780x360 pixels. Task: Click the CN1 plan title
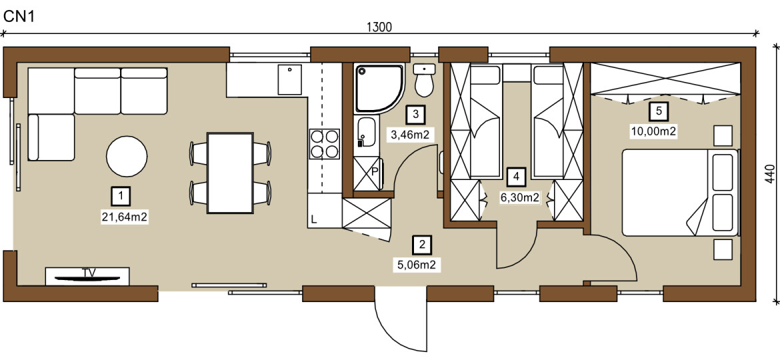[x=19, y=17]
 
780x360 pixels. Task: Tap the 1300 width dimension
[x=380, y=27]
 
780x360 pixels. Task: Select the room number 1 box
[x=121, y=197]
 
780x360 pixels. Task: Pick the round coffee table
[x=127, y=156]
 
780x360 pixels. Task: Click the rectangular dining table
[x=230, y=173]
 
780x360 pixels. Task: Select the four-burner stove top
[x=325, y=144]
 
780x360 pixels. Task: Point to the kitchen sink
[x=289, y=79]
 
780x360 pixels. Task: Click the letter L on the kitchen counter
[x=315, y=219]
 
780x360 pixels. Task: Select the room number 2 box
[x=423, y=244]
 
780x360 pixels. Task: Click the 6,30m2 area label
[x=520, y=198]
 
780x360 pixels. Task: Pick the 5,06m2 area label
[x=417, y=265]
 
